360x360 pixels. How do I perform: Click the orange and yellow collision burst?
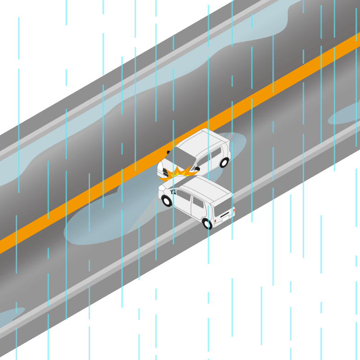tap(180, 173)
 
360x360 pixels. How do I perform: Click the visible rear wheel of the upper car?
tap(224, 162)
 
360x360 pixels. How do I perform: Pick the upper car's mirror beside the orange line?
tap(169, 152)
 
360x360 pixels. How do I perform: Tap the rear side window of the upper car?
tap(216, 153)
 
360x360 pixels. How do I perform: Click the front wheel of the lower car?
tap(167, 201)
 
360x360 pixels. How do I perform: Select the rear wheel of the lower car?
tap(207, 223)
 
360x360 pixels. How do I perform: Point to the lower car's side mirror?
tap(173, 192)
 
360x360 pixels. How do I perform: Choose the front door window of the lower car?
tap(183, 196)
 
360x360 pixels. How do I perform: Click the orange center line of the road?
tap(90, 198)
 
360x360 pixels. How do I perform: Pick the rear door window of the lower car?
tap(198, 203)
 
